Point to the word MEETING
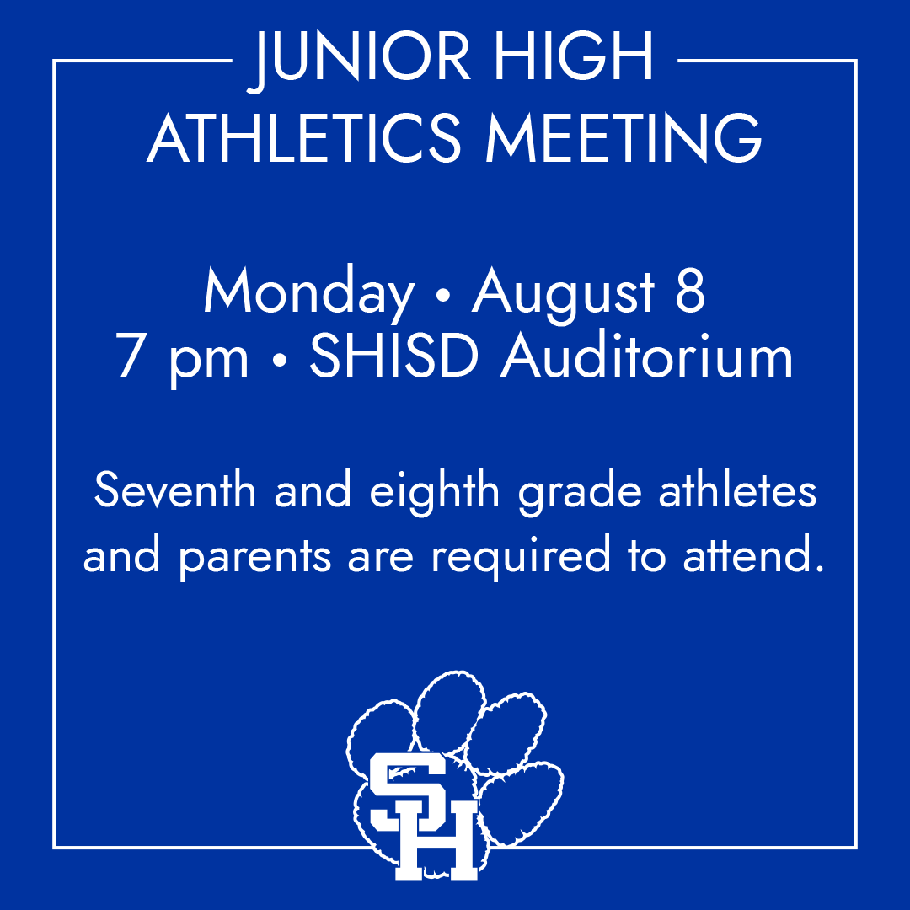click(624, 138)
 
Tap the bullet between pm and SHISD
click(278, 361)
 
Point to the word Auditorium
click(647, 357)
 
